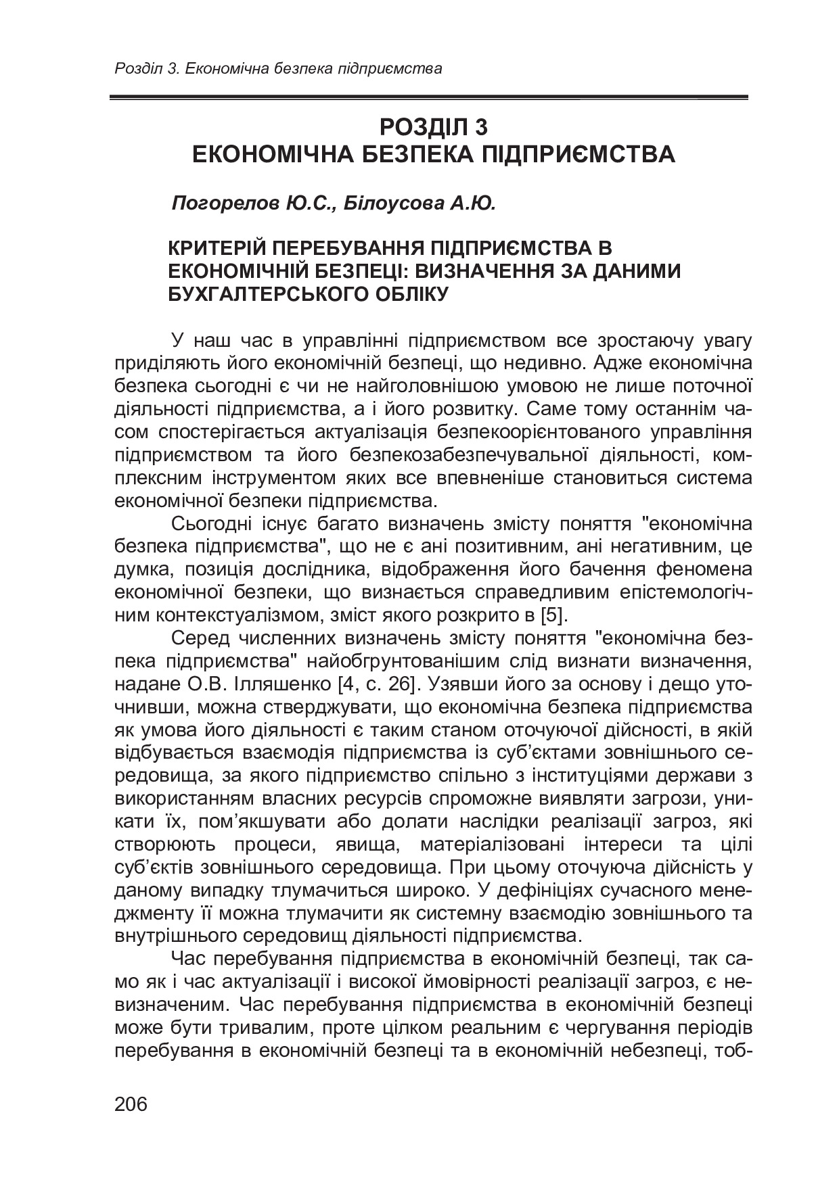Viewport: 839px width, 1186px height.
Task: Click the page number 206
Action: click(131, 1105)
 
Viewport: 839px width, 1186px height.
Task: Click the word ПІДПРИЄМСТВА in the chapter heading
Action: click(577, 154)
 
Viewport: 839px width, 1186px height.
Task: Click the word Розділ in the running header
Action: click(136, 68)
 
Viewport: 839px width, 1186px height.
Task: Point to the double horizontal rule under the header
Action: click(428, 98)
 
